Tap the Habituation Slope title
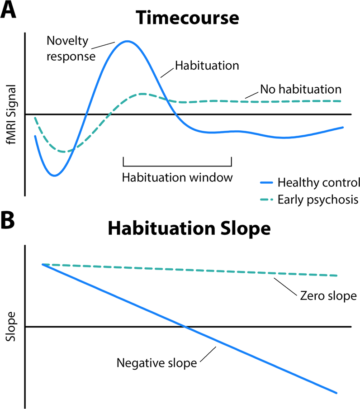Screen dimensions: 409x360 pyautogui.click(x=189, y=228)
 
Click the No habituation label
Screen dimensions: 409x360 pyautogui.click(x=300, y=87)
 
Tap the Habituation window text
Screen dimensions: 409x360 pyautogui.click(x=177, y=177)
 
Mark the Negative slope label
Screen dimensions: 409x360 pyautogui.click(x=156, y=362)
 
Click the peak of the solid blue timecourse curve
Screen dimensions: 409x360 pyautogui.click(x=128, y=42)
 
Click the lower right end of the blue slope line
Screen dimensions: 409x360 pyautogui.click(x=336, y=392)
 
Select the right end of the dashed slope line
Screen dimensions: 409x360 pyautogui.click(x=337, y=276)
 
